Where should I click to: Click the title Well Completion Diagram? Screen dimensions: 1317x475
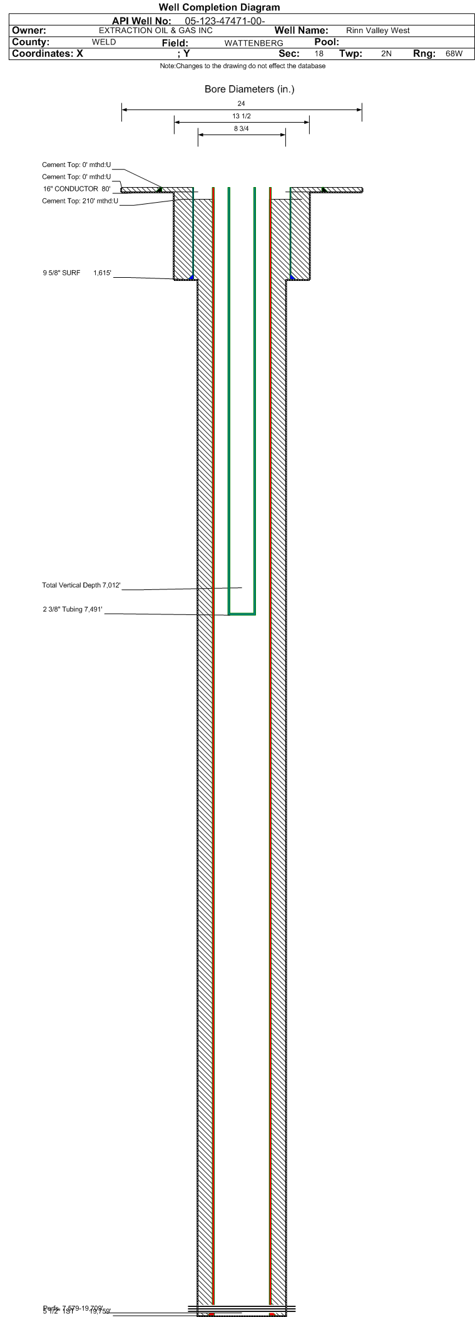click(219, 8)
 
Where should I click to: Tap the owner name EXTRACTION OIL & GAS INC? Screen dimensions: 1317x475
click(156, 31)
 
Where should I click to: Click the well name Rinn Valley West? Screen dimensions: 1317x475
click(377, 31)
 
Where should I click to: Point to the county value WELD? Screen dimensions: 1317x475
click(104, 43)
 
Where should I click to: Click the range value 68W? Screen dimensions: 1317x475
click(454, 54)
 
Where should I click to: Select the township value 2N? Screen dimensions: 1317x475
click(386, 54)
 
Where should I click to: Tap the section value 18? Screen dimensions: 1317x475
click(319, 54)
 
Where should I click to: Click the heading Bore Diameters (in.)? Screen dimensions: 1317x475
click(249, 89)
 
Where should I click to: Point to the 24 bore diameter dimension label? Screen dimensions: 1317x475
click(242, 104)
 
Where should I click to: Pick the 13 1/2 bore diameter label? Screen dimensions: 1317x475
click(242, 116)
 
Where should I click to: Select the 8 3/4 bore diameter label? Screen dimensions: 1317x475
click(242, 129)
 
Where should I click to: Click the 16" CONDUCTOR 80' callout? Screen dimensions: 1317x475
click(76, 189)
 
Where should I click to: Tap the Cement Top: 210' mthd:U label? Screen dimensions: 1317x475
click(80, 201)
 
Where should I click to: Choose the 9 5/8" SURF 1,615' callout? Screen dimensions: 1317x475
click(77, 273)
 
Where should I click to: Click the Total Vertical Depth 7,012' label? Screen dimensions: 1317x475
click(81, 586)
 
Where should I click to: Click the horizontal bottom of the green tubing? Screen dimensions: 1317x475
click(242, 614)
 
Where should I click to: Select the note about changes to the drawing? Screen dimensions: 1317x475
click(242, 66)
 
